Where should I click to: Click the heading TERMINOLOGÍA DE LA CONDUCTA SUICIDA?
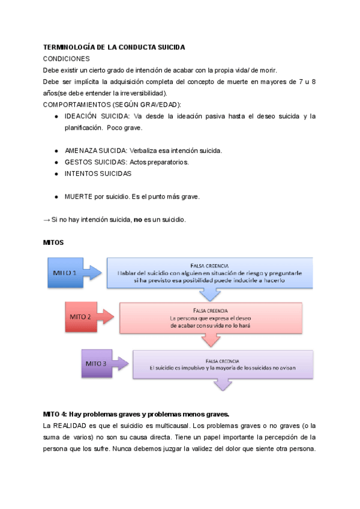115,47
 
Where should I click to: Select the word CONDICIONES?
67,59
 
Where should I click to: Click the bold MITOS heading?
54,242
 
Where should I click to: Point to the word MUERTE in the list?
78,196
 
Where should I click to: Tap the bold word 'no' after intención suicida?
137,219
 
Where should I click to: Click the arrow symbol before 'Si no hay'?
47,219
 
